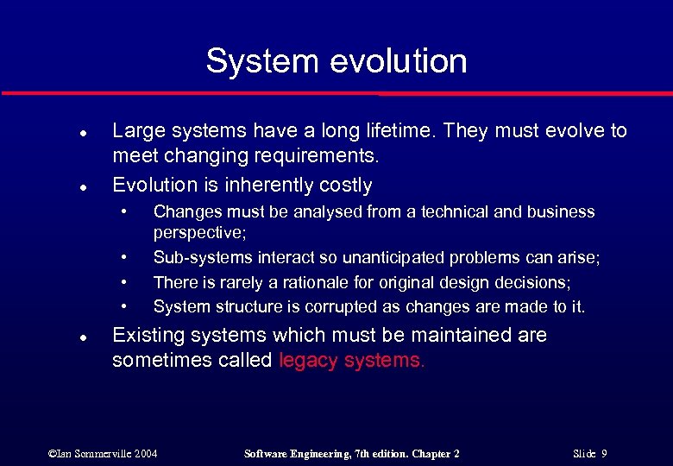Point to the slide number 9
click(604, 453)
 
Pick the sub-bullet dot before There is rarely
click(126, 281)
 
